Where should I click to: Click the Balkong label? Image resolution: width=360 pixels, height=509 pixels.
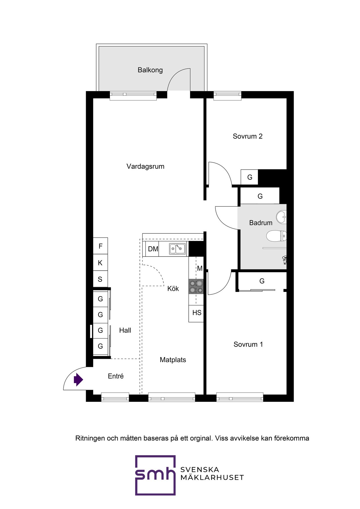pos(150,70)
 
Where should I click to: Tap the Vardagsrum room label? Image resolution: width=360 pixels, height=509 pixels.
pos(145,166)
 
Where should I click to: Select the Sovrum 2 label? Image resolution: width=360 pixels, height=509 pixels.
pos(247,136)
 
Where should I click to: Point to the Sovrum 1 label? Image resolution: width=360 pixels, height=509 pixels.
pos(248,344)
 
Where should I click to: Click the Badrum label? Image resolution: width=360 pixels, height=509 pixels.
pos(261,223)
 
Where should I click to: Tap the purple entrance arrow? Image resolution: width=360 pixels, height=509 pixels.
pos(78,380)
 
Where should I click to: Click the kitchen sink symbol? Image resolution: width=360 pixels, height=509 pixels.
pos(177,249)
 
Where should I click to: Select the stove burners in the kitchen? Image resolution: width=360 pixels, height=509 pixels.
pos(196,287)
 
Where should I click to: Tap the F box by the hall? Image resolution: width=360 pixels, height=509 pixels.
pos(100,246)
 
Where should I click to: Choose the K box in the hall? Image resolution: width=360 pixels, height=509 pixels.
pos(100,263)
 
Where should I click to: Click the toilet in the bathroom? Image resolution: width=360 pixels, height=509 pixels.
pos(276,236)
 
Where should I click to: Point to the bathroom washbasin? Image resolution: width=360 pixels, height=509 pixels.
pos(281,217)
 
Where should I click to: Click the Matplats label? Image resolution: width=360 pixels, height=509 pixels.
pos(173,360)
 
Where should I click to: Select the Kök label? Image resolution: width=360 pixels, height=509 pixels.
pos(173,289)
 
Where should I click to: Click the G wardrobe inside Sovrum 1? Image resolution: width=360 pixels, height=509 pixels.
pos(262,281)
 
